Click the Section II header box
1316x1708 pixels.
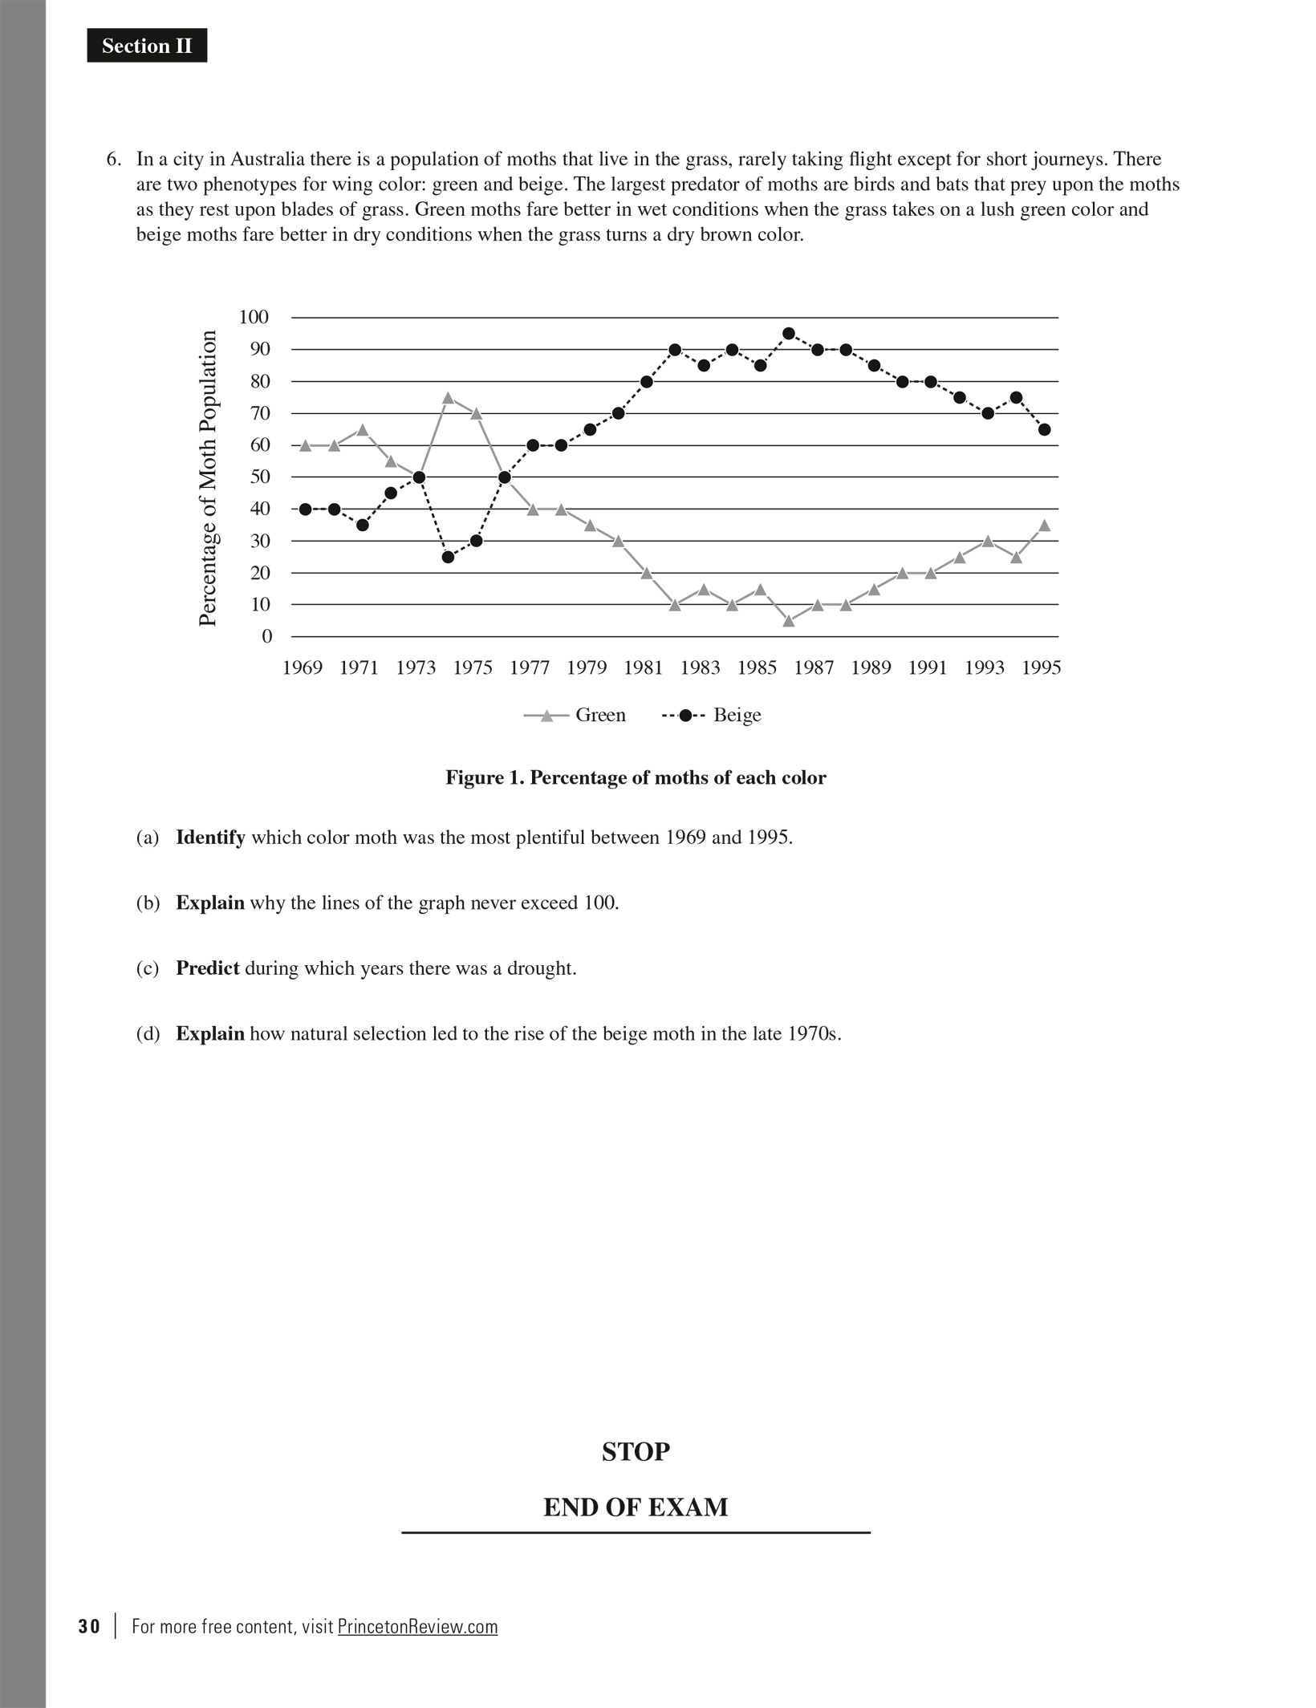[x=147, y=46]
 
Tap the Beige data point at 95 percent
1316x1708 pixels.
[x=789, y=334]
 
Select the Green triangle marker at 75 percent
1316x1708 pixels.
[x=448, y=398]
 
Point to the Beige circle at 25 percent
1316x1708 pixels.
[x=448, y=558]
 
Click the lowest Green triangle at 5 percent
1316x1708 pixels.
[x=789, y=620]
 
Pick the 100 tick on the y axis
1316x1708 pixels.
[x=254, y=317]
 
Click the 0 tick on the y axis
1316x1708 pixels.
[x=266, y=636]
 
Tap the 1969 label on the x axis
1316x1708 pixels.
[x=303, y=668]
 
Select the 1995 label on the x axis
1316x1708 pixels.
[x=1042, y=668]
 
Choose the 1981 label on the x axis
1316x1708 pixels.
[x=644, y=668]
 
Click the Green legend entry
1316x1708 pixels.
[x=575, y=715]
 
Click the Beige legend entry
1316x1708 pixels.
[x=712, y=715]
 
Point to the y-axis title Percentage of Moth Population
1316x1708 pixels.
[x=208, y=478]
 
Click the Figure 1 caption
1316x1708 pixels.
[x=636, y=777]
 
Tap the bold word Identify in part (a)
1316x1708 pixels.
[x=210, y=838]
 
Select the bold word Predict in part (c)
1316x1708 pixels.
[x=208, y=968]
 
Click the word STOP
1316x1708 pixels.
[x=636, y=1452]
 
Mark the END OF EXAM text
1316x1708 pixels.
[x=636, y=1507]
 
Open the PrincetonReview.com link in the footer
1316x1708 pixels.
[x=417, y=1627]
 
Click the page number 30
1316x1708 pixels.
[x=89, y=1627]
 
